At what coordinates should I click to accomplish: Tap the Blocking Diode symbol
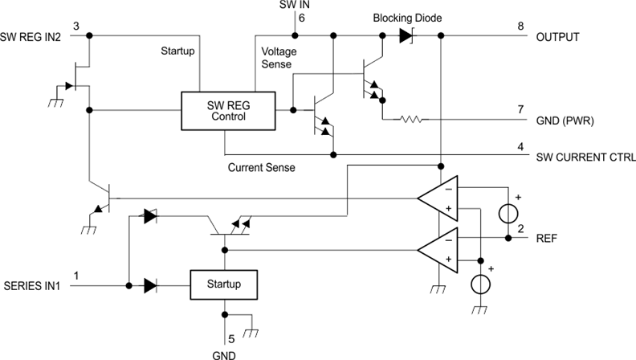(405, 35)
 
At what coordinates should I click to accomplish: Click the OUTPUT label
(559, 37)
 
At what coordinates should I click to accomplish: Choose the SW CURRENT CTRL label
(585, 156)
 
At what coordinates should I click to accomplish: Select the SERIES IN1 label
(31, 285)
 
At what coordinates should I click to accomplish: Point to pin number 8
(520, 27)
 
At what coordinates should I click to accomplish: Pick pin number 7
(520, 109)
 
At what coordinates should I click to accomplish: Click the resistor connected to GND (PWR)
(410, 120)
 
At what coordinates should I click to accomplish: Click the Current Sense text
(262, 168)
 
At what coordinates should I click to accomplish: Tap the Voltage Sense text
(279, 57)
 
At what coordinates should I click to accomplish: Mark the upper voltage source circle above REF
(508, 213)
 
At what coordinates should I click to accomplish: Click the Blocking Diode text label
(407, 17)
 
